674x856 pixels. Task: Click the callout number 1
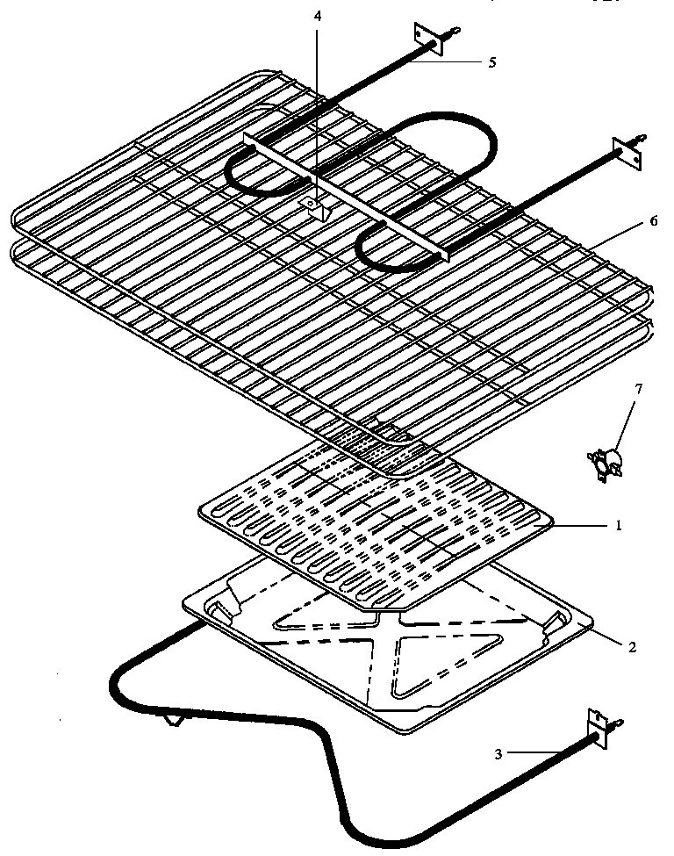coord(619,526)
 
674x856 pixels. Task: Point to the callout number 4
coord(319,18)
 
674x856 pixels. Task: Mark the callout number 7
coord(637,387)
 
